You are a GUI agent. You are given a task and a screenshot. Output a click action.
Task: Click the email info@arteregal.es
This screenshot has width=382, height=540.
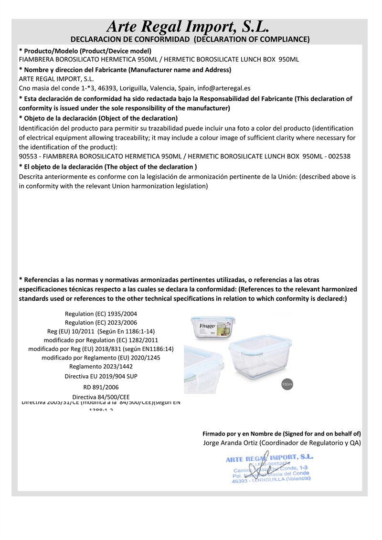click(221, 88)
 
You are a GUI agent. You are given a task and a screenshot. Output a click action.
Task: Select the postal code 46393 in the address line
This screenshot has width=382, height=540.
click(107, 88)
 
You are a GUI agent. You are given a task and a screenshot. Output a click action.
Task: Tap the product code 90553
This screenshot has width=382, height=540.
click(28, 156)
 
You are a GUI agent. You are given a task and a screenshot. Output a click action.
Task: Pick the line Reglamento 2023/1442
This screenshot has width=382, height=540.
click(101, 366)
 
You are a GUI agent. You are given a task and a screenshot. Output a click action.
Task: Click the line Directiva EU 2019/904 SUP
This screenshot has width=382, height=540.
click(101, 376)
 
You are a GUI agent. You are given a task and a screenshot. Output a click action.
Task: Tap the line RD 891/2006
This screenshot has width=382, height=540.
click(101, 387)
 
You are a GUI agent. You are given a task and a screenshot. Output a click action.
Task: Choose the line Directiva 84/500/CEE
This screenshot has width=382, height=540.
click(101, 397)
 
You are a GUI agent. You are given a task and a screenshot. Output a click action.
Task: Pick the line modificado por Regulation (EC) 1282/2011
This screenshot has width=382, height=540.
click(101, 340)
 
